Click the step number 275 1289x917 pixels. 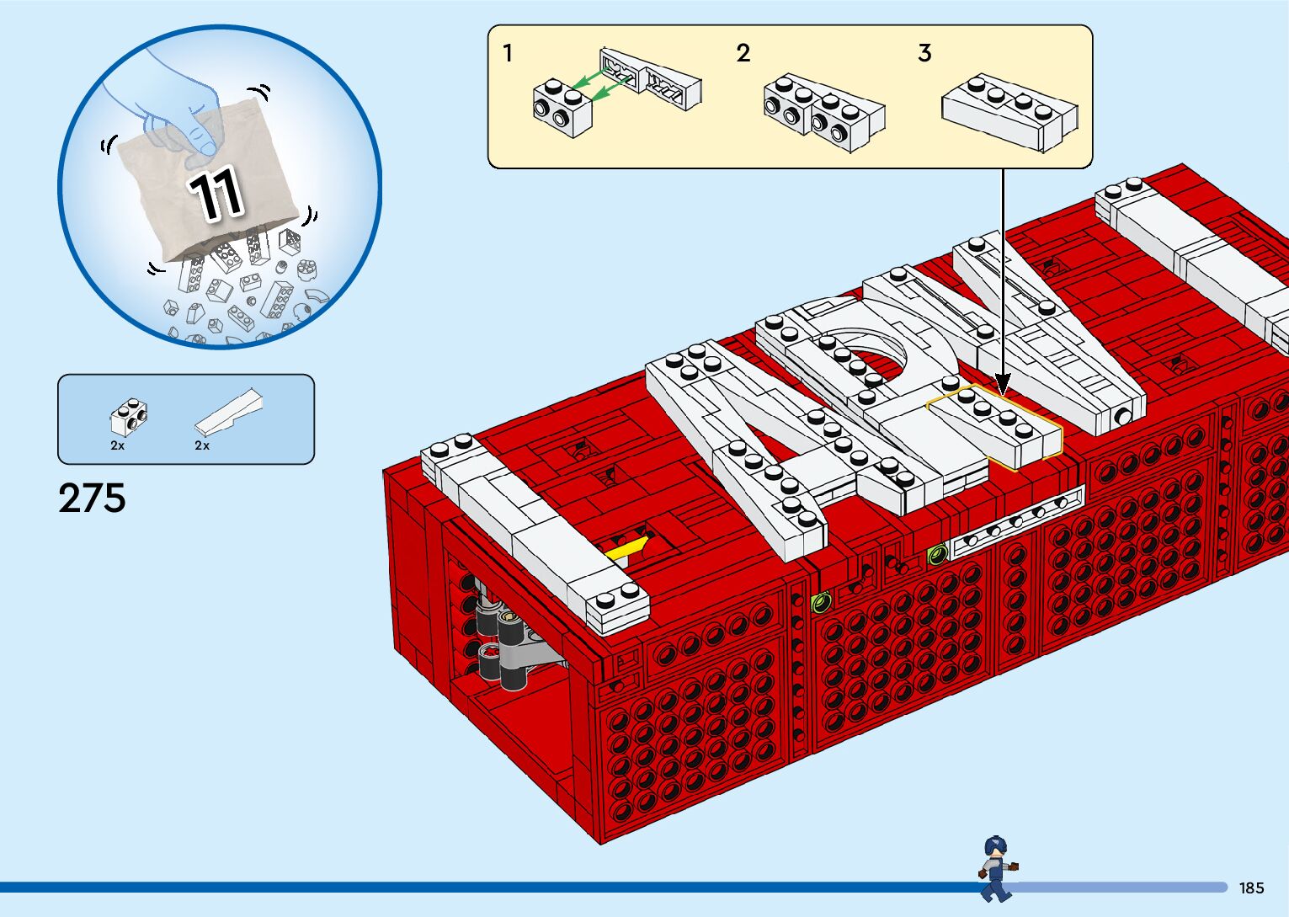(x=92, y=498)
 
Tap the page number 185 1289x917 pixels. (x=1251, y=888)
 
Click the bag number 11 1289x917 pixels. (x=216, y=195)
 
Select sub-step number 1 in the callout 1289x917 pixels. (x=508, y=54)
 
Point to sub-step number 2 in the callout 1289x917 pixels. (x=743, y=54)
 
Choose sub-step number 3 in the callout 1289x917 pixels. (x=924, y=54)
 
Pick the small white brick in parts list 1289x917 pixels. (x=130, y=415)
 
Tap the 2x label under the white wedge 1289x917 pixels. (x=202, y=445)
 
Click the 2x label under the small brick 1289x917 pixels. (x=117, y=445)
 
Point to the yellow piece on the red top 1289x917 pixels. (x=627, y=549)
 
